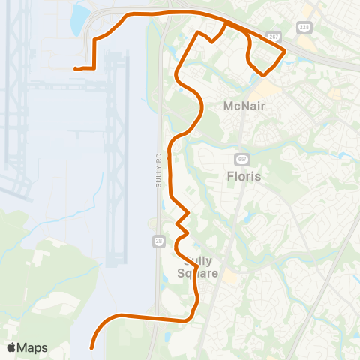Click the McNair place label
point(244,106)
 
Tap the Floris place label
point(244,177)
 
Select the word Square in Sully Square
point(197,274)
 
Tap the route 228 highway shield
point(304,27)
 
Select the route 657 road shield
point(241,159)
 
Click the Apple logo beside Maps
point(11,347)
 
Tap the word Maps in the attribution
point(33,347)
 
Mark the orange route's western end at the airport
point(75,69)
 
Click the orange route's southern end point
point(91,347)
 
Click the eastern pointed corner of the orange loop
point(285,50)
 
